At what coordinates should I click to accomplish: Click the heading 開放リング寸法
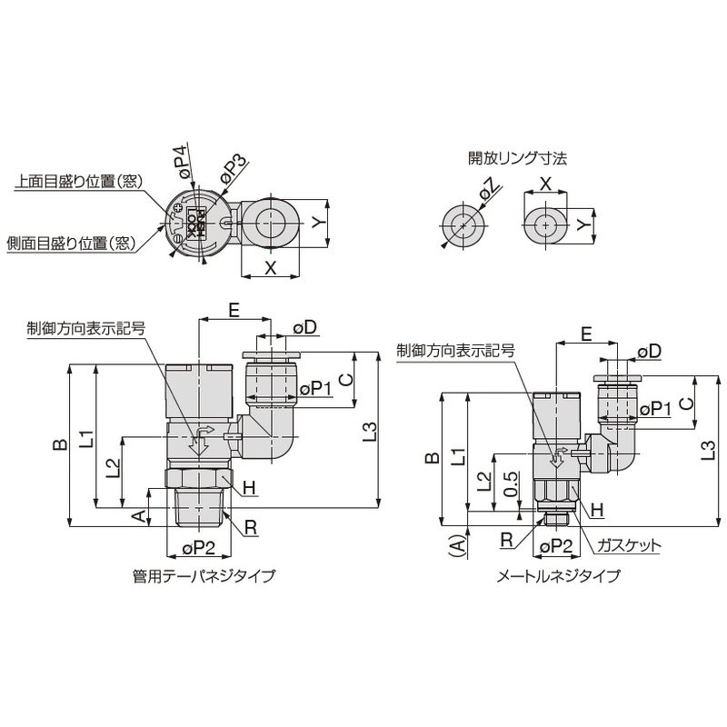517,158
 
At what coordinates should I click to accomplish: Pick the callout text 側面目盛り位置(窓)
70,243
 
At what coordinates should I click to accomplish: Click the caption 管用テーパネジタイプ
203,575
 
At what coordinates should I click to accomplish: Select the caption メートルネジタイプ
558,575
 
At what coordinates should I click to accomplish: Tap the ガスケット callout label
628,546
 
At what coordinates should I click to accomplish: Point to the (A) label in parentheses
458,545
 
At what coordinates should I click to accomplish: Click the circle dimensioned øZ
463,224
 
